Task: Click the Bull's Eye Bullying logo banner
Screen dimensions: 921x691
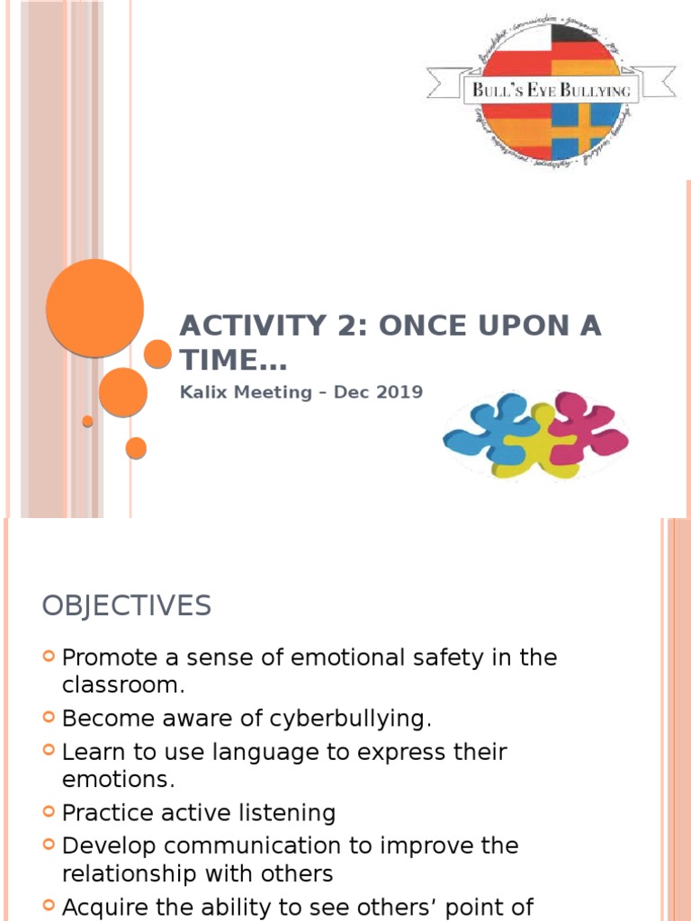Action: coord(552,90)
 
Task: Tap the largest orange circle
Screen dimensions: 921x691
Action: coord(94,308)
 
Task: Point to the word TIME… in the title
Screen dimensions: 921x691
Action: coord(233,360)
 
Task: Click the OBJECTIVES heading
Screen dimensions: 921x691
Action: coord(126,606)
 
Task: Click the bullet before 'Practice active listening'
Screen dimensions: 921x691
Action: coord(49,812)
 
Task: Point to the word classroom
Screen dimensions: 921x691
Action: coord(122,684)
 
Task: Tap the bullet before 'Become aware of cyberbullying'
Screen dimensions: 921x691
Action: coord(49,718)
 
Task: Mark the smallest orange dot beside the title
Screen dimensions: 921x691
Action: coord(87,421)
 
